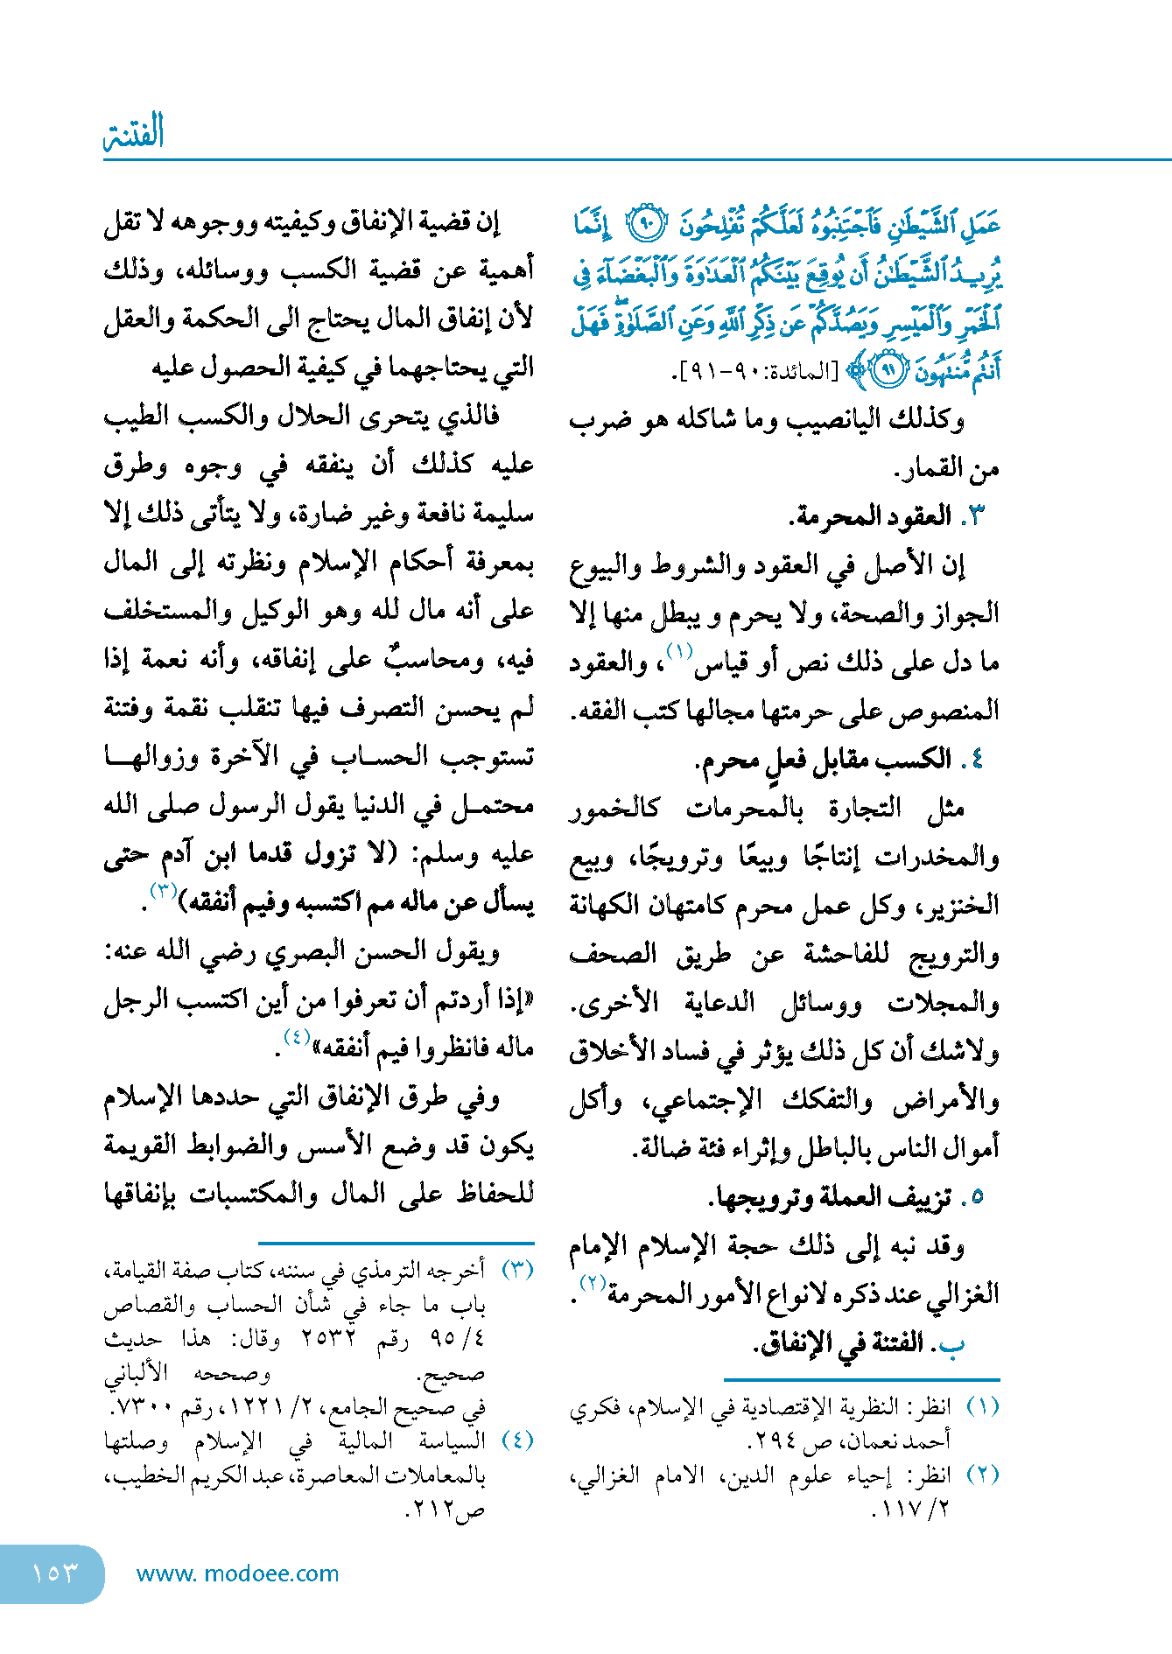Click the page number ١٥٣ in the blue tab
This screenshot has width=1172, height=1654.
coord(54,1573)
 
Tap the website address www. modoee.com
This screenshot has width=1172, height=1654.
coord(237,1573)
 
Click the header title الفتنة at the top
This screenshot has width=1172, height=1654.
coord(134,133)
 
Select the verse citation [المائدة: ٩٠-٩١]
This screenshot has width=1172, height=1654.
coord(761,371)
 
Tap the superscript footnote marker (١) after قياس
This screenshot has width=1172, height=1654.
coord(679,651)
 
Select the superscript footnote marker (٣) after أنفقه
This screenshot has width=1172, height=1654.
coord(164,892)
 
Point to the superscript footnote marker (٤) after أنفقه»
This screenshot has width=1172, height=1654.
coord(297,1037)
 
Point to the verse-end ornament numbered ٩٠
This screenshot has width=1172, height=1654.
coord(649,226)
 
